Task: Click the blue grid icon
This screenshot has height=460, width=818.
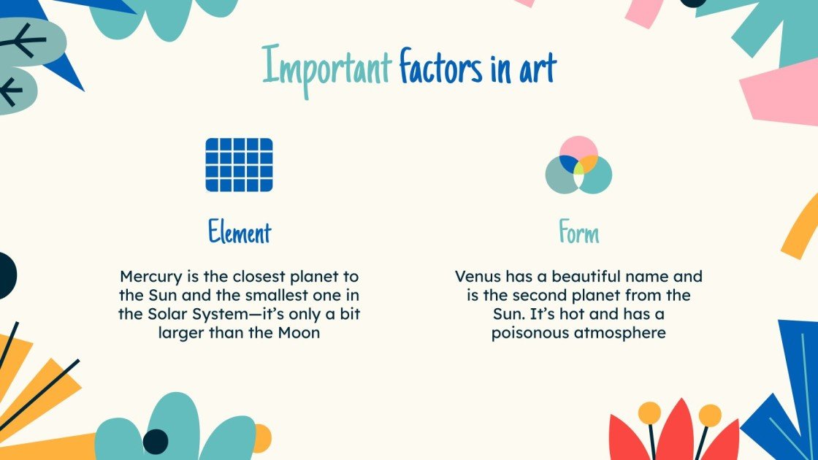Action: (x=239, y=165)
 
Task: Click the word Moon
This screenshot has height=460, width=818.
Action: (x=304, y=334)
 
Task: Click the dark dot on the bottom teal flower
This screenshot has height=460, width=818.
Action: (x=155, y=441)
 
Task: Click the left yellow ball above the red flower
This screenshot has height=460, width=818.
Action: (x=649, y=413)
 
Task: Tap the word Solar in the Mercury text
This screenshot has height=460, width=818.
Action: (x=167, y=315)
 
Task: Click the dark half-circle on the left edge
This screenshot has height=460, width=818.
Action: (x=6, y=275)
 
